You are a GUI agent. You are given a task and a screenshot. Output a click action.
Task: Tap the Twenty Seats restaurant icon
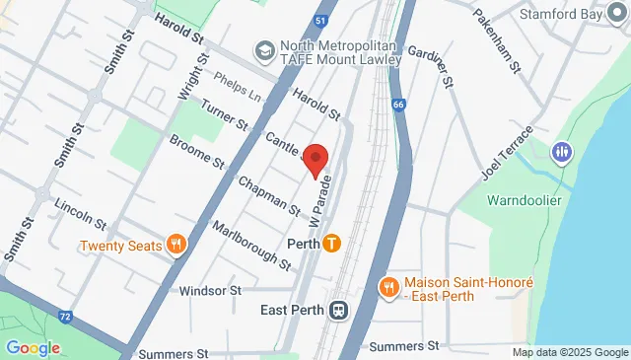[177, 245]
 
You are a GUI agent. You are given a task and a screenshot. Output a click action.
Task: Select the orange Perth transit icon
[331, 243]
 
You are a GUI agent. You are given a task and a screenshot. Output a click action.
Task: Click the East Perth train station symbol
[337, 310]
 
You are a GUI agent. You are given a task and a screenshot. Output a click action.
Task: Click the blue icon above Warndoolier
[562, 152]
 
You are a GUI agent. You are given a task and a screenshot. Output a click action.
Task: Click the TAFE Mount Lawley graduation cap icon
[263, 49]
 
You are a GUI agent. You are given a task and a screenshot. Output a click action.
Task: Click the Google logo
[33, 347]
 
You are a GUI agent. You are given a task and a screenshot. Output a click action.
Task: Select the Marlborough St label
[251, 245]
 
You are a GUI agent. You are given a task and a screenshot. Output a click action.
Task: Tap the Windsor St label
[211, 291]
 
